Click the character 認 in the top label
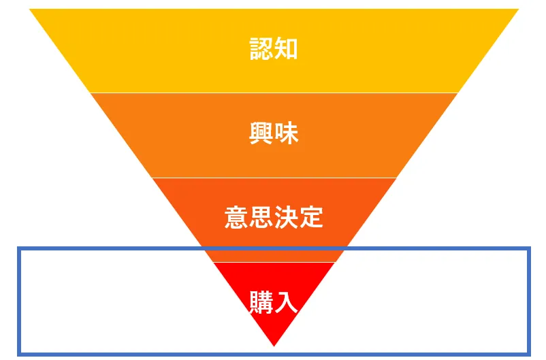[261, 49]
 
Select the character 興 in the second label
[261, 134]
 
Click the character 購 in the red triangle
[261, 302]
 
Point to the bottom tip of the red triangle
[274, 346]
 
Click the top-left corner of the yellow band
[30, 10]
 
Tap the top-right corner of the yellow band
[518, 10]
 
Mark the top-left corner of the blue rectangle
[20, 250]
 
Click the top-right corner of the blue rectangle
[528, 250]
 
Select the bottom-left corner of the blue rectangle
[20, 353]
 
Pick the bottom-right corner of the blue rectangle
[528, 353]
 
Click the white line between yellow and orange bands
[274, 93]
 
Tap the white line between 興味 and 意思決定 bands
[274, 178]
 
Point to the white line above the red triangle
[274, 262]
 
